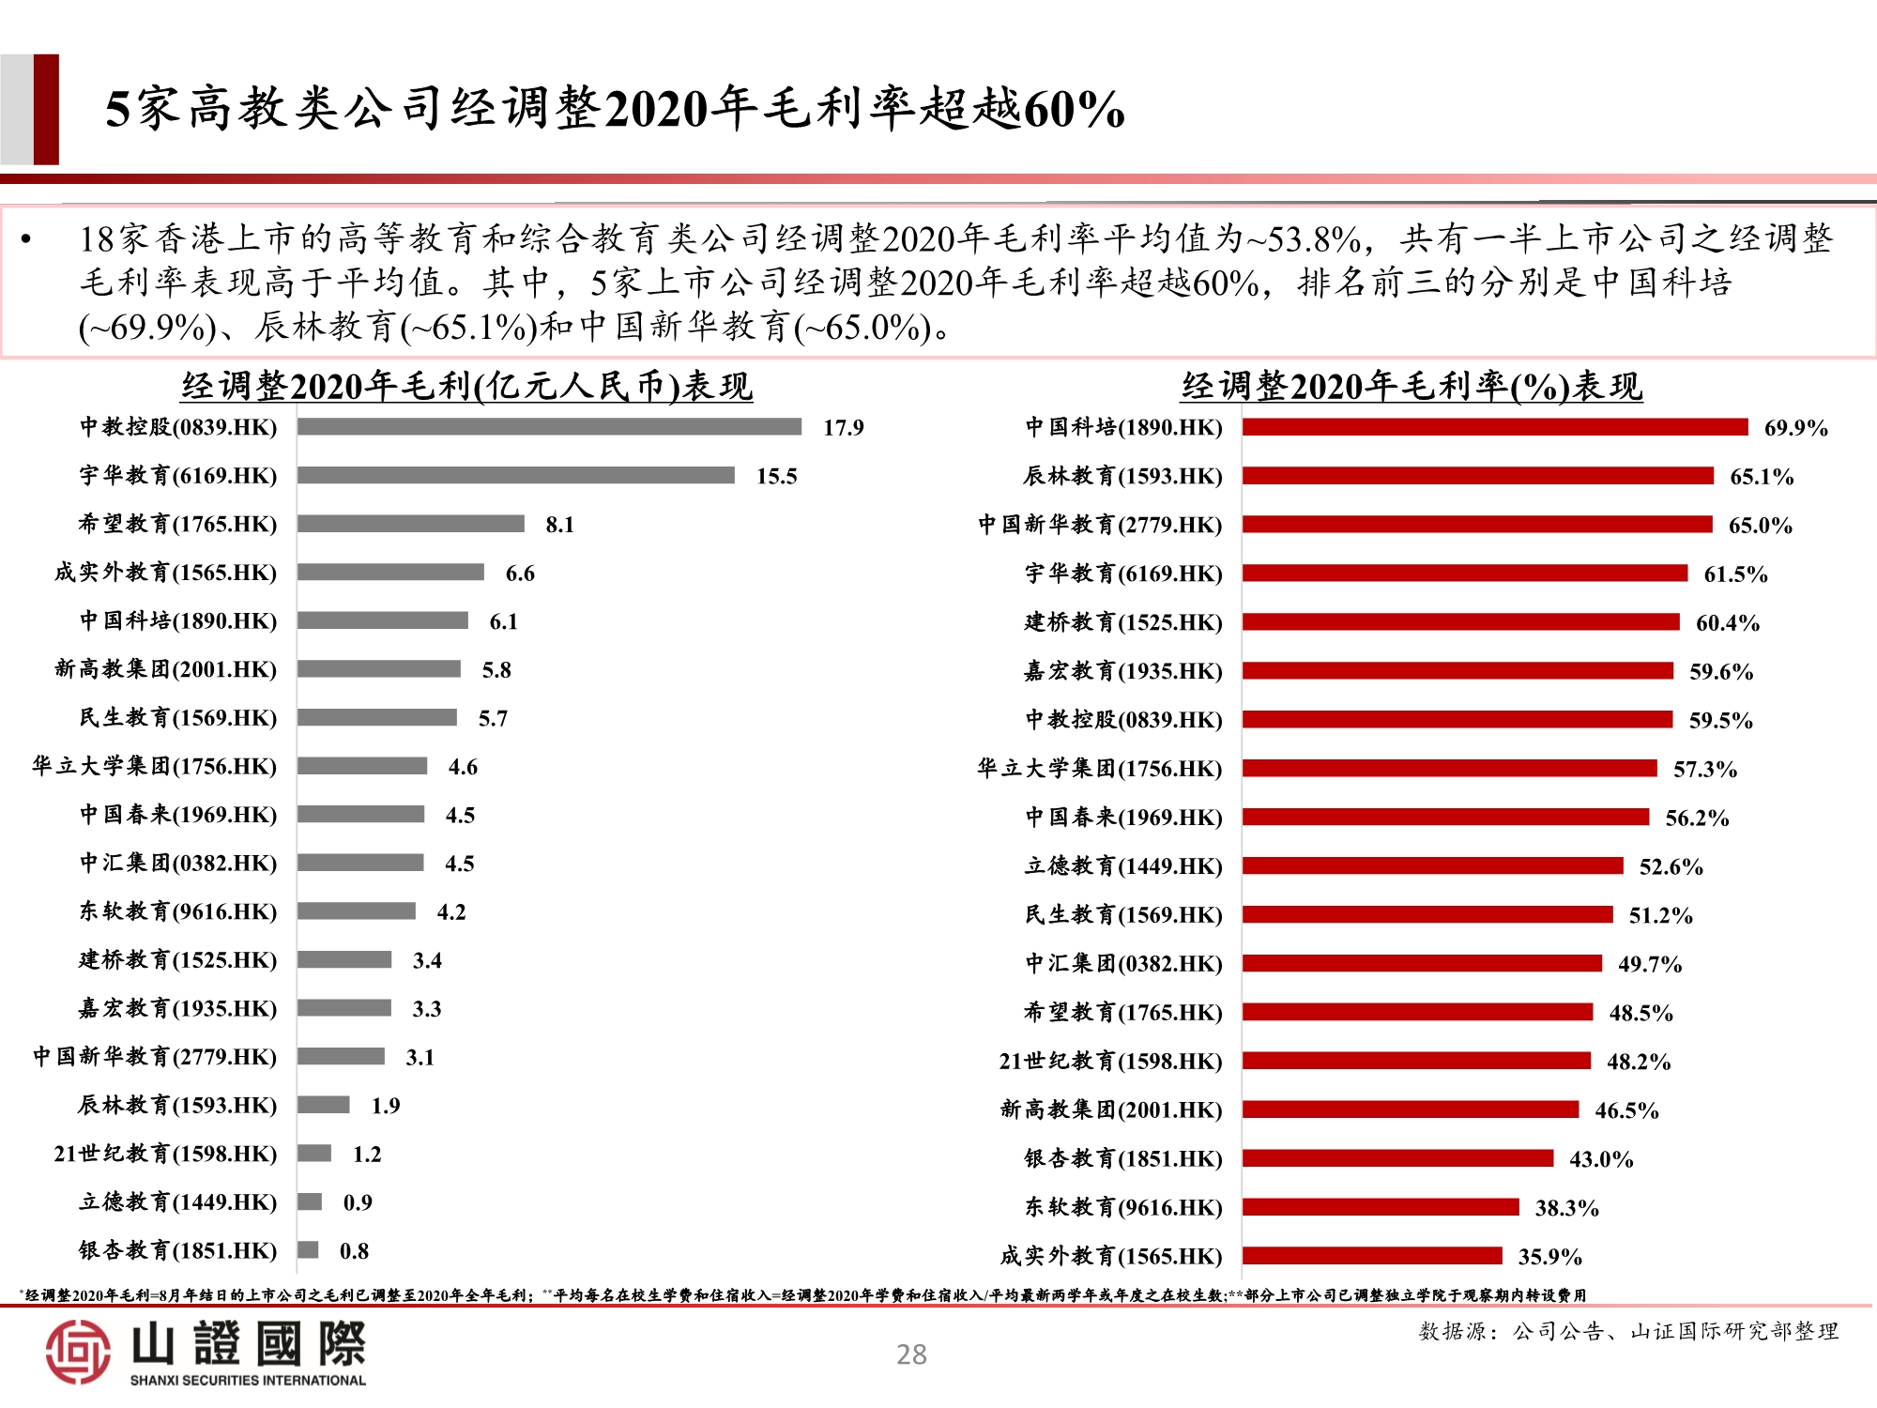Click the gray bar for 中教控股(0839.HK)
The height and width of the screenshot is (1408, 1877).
pyautogui.click(x=549, y=427)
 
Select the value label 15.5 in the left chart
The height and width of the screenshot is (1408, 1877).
pyautogui.click(x=776, y=476)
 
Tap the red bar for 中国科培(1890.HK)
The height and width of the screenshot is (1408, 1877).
pyautogui.click(x=1494, y=427)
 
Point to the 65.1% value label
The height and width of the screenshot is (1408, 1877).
pyautogui.click(x=1761, y=477)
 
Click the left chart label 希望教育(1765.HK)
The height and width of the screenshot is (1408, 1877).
pyautogui.click(x=177, y=524)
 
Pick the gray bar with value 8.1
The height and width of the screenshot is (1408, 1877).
pyautogui.click(x=411, y=524)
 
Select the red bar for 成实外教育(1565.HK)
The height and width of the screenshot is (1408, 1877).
pyautogui.click(x=1371, y=1256)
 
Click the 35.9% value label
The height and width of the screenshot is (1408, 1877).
pyautogui.click(x=1549, y=1257)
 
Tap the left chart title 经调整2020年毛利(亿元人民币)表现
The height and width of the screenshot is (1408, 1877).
pyautogui.click(x=466, y=386)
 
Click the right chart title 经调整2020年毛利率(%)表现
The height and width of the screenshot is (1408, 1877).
pyautogui.click(x=1412, y=386)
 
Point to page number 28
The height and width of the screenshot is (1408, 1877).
pyautogui.click(x=911, y=1354)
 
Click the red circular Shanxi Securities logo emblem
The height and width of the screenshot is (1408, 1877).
pyautogui.click(x=78, y=1352)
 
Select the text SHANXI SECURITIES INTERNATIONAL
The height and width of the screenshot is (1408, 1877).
pyautogui.click(x=248, y=1380)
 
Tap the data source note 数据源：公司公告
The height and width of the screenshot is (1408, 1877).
pyautogui.click(x=1628, y=1331)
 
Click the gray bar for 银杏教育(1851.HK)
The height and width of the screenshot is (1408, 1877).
pyautogui.click(x=308, y=1250)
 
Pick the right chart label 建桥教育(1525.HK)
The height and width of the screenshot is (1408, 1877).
pyautogui.click(x=1122, y=622)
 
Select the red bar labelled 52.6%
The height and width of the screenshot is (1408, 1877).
pyautogui.click(x=1432, y=865)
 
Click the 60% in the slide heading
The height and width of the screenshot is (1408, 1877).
pyautogui.click(x=1074, y=109)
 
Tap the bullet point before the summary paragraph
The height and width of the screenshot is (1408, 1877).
pyautogui.click(x=26, y=240)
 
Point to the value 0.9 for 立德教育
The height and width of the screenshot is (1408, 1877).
pyautogui.click(x=358, y=1202)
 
